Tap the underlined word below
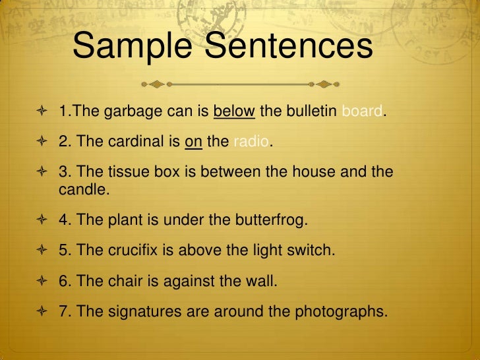(234, 111)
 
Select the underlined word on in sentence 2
(193, 141)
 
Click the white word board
(361, 111)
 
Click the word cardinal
(140, 141)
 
